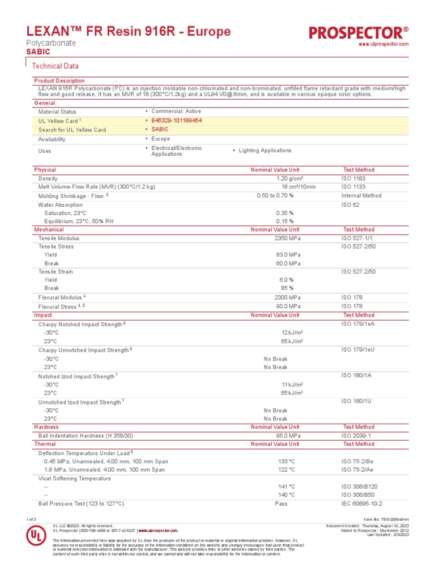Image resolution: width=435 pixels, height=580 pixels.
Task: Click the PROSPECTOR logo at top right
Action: (359, 33)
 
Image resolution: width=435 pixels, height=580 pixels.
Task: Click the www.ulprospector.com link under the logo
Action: (384, 44)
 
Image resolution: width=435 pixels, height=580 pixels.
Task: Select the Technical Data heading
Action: (55, 66)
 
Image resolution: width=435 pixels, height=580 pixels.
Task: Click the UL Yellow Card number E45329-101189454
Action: (176, 121)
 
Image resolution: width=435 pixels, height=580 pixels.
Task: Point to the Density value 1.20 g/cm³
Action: (289, 178)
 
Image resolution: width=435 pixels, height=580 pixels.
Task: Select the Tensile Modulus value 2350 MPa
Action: (288, 238)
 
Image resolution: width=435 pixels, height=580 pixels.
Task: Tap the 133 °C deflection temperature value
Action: (287, 462)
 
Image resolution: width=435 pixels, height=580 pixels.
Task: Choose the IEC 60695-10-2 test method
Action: (361, 504)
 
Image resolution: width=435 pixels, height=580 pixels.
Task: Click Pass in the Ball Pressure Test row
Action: (281, 504)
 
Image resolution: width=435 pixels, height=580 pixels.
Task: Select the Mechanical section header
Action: (49, 230)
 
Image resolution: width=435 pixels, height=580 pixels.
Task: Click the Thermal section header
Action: (45, 445)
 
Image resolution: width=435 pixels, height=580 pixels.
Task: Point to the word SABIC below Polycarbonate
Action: (38, 52)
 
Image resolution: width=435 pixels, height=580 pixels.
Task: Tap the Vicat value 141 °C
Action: (287, 487)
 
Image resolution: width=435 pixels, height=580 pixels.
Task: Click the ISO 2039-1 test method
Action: (356, 436)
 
